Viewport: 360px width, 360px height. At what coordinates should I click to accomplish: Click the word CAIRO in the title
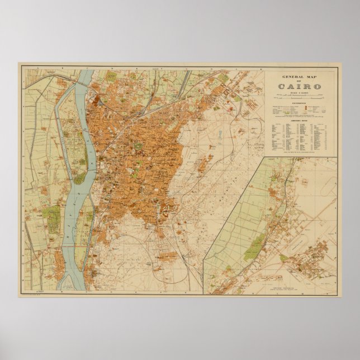click(x=300, y=86)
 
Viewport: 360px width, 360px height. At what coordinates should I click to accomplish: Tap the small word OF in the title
click(x=300, y=80)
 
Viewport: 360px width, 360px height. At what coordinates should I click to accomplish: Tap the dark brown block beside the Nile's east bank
click(x=100, y=101)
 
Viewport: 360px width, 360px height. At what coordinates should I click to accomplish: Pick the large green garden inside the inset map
click(x=254, y=246)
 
